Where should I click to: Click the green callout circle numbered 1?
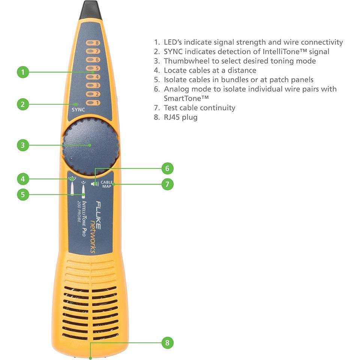[23, 72]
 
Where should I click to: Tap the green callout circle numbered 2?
[23, 104]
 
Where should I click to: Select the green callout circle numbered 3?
[23, 145]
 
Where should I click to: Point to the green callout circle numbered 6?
[168, 168]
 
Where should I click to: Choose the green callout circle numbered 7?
[168, 184]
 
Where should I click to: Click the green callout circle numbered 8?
[168, 342]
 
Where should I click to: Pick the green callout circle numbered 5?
[23, 194]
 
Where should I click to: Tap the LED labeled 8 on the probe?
[92, 43]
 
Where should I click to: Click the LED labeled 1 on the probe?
[92, 102]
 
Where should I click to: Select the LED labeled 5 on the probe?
[92, 68]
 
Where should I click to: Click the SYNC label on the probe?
[79, 110]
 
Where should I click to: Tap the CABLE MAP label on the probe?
[107, 184]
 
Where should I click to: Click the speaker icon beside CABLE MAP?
[96, 184]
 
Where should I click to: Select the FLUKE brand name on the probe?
[99, 215]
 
